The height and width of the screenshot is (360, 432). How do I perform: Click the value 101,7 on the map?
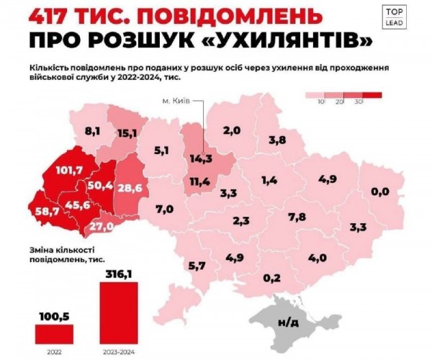(68, 171)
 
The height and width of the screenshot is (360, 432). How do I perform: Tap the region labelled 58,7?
(48, 211)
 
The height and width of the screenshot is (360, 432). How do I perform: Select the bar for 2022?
(54, 332)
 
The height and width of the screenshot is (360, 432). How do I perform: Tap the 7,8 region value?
(297, 217)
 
